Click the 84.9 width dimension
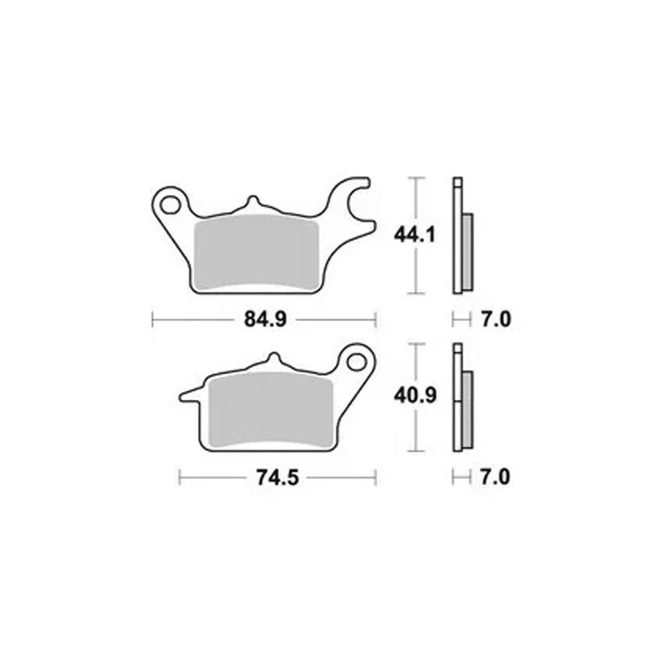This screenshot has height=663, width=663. click(265, 320)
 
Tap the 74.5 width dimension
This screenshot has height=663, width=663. click(277, 478)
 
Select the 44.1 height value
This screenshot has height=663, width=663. click(414, 235)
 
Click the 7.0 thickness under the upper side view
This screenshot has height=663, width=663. click(495, 320)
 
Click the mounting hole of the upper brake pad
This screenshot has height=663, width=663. click(170, 206)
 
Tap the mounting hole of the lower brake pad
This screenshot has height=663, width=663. click(356, 363)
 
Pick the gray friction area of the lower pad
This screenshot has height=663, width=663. click(271, 410)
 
